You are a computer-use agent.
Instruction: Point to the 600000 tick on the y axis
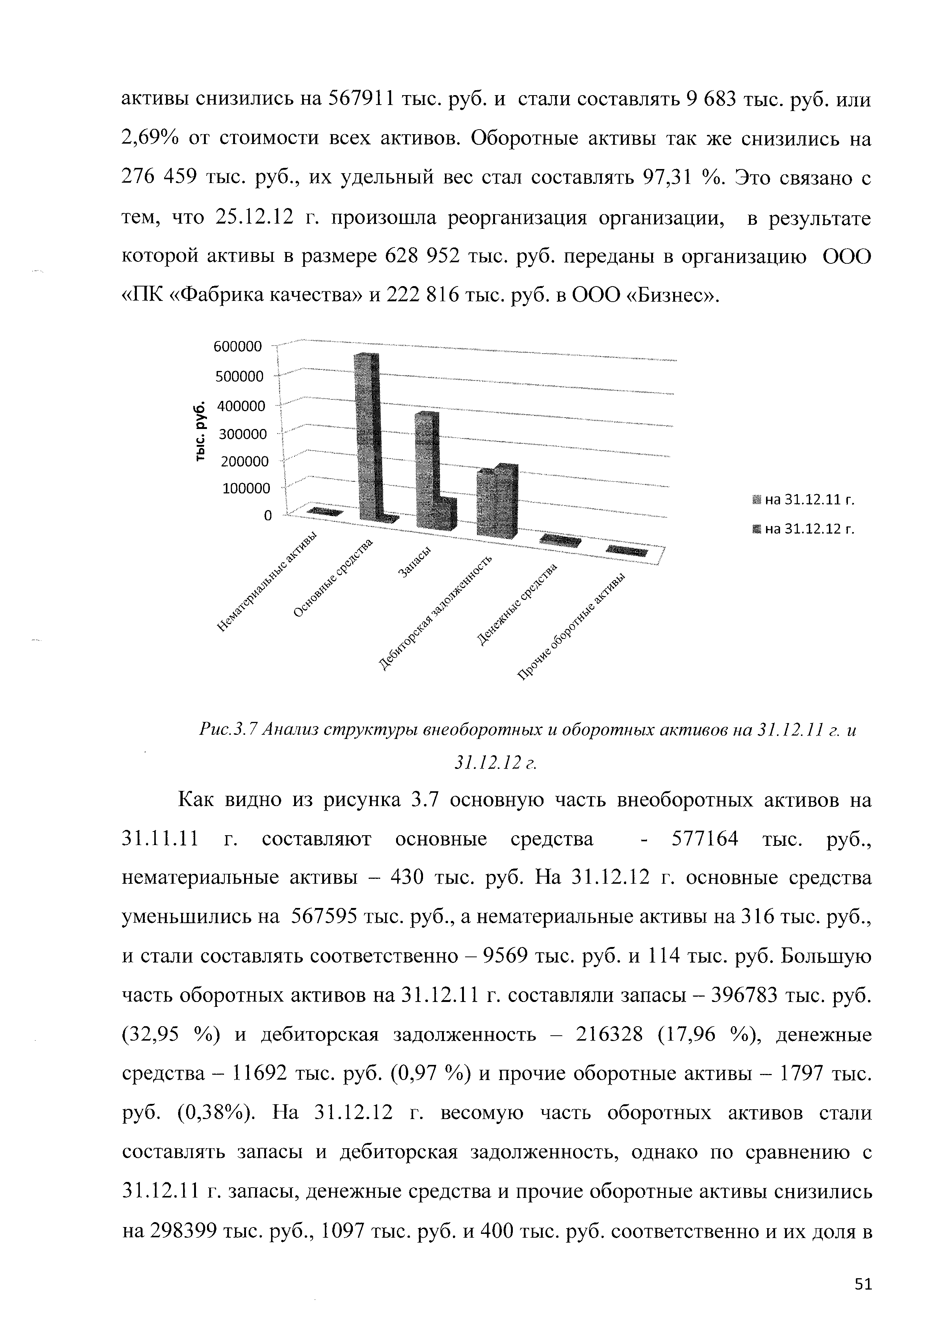tap(238, 347)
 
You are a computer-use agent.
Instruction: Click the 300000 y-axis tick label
tap(241, 434)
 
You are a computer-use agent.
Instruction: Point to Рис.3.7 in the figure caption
tap(227, 731)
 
